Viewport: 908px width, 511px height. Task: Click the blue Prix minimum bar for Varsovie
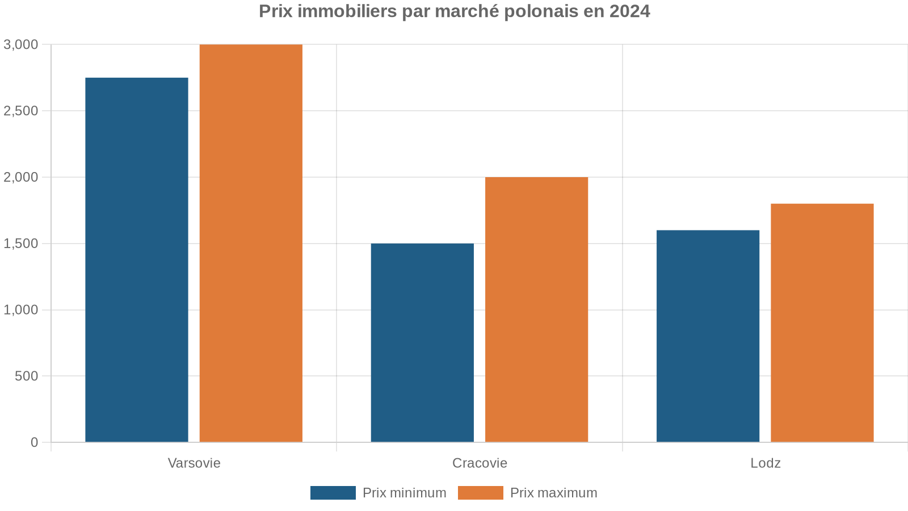(137, 259)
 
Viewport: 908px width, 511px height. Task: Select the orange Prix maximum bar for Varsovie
(251, 243)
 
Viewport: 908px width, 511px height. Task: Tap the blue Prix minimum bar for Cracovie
(422, 342)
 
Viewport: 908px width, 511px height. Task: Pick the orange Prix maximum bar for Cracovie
(536, 309)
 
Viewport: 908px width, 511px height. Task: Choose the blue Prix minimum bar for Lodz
(708, 336)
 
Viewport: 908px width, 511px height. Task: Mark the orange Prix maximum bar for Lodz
(822, 322)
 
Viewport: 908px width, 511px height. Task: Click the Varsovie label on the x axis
(194, 463)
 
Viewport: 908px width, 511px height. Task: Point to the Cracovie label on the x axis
(480, 463)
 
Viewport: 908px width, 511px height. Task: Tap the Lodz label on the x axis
(766, 463)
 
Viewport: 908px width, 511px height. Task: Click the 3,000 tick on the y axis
(21, 44)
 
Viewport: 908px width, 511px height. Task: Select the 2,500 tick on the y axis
(21, 111)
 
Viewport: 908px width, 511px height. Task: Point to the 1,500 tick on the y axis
(21, 244)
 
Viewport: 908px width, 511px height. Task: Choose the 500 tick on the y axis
(27, 376)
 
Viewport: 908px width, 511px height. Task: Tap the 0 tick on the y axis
(35, 442)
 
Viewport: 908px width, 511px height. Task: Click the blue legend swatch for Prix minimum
(333, 493)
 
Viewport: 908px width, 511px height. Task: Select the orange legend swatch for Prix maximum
(480, 493)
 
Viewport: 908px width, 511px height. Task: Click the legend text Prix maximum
(553, 493)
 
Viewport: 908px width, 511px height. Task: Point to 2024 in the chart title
(629, 11)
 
